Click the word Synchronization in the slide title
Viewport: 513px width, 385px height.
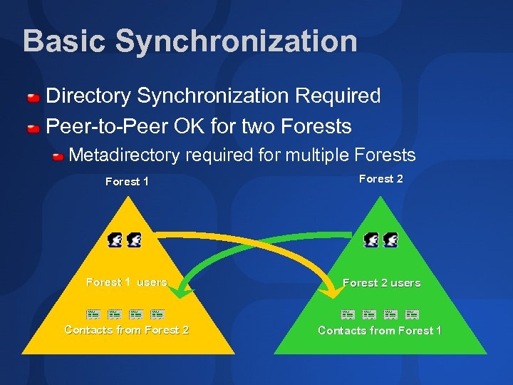pyautogui.click(x=236, y=41)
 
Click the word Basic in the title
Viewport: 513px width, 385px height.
pyautogui.click(x=64, y=41)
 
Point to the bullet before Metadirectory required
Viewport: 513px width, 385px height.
pyautogui.click(x=58, y=156)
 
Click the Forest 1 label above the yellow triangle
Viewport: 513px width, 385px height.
pyautogui.click(x=127, y=181)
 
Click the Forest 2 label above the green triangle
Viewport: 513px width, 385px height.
pyautogui.click(x=380, y=178)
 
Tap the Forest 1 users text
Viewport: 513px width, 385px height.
pyautogui.click(x=126, y=282)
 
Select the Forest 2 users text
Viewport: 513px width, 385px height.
pyautogui.click(x=381, y=283)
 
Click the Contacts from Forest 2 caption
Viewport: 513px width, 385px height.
pyautogui.click(x=126, y=329)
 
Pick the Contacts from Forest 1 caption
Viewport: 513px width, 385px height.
pyautogui.click(x=380, y=330)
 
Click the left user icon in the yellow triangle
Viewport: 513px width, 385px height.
pyautogui.click(x=115, y=240)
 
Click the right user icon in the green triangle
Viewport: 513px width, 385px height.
pyautogui.click(x=390, y=240)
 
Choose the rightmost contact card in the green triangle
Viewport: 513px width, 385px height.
pyautogui.click(x=412, y=314)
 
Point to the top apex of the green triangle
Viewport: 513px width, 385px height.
pyautogui.click(x=382, y=199)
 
